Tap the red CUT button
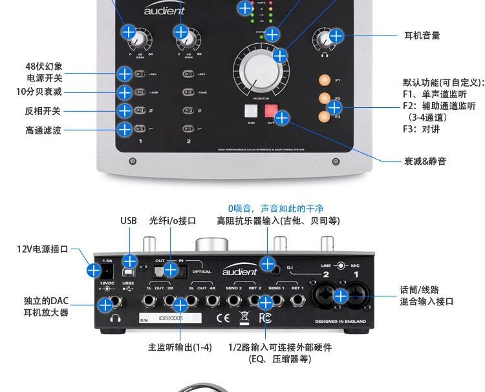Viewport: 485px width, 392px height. point(270,110)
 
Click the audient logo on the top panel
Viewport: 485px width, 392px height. point(163,10)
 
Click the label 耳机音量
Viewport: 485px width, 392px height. point(422,36)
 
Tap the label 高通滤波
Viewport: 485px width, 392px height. point(43,130)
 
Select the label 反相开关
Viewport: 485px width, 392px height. point(43,111)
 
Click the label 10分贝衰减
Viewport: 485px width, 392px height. point(39,92)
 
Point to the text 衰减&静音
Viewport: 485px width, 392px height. point(425,161)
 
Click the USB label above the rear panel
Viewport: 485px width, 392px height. point(129,220)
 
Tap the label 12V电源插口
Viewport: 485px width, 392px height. point(42,249)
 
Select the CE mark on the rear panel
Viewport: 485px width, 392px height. point(222,317)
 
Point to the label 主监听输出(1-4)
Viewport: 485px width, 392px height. point(180,347)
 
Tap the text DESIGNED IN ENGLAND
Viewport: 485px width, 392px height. point(340,321)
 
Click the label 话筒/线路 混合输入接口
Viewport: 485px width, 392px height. point(426,296)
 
